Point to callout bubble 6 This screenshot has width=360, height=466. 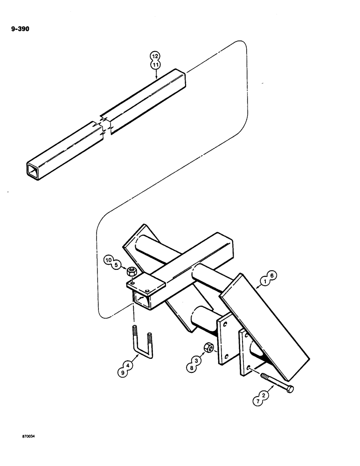coord(273,276)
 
